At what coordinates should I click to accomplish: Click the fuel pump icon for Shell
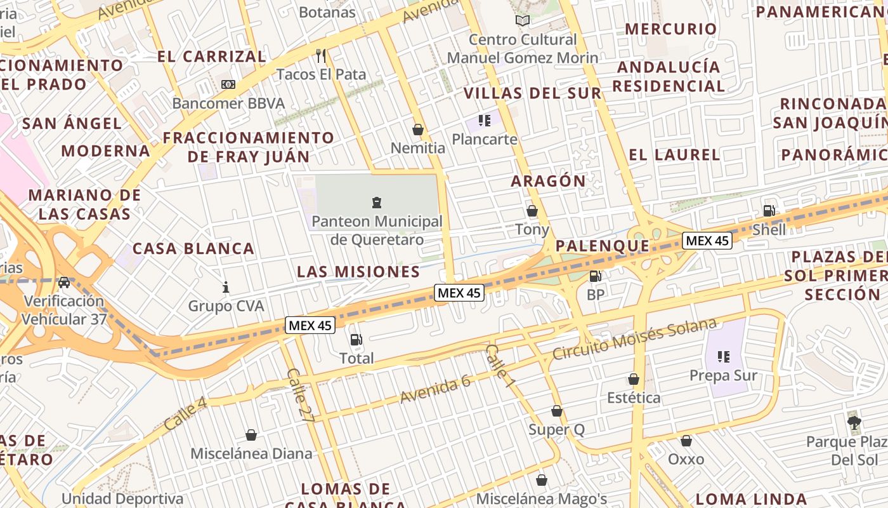point(769,211)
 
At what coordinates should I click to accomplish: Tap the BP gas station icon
point(595,276)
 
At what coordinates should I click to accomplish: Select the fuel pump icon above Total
point(356,340)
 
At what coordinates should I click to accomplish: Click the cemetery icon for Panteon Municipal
point(377,203)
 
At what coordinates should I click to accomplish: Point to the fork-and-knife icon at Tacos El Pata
point(321,56)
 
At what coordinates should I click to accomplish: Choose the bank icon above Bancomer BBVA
point(228,84)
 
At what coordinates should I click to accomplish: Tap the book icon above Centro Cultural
point(523,21)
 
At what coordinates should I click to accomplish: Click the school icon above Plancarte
point(485,121)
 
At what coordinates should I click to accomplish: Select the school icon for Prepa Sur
point(723,357)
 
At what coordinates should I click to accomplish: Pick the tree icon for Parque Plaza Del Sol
point(854,422)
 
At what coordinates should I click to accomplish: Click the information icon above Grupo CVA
point(226,288)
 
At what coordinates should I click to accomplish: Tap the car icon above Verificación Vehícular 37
point(64,283)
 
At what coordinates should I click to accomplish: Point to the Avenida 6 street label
point(435,389)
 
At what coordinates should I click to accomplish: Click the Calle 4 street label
point(185,413)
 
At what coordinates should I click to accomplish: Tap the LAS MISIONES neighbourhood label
point(358,272)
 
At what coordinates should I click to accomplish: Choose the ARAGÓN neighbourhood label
point(549,181)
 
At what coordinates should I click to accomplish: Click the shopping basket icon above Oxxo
point(686,441)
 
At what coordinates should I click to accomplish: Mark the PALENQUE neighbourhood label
point(603,246)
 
